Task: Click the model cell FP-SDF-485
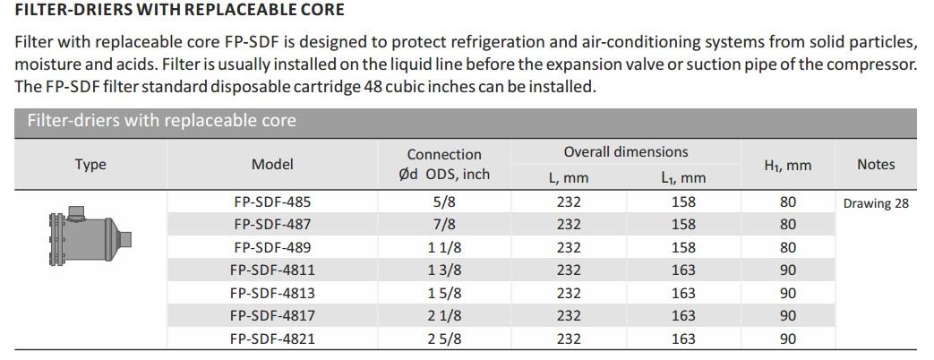point(272,202)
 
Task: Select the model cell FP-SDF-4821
point(272,339)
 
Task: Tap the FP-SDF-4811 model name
point(272,270)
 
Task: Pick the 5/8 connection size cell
point(444,202)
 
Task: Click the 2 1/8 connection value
point(444,315)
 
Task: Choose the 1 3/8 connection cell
point(444,270)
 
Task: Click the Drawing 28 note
point(875,203)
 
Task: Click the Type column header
point(90,165)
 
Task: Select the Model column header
point(272,165)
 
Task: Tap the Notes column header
point(875,165)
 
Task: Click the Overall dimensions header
point(625,152)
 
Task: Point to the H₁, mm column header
point(787,166)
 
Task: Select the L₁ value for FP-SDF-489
point(683,247)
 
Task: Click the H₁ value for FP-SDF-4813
point(787,293)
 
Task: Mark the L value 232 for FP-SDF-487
point(569,225)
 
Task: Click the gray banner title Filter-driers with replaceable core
point(161,121)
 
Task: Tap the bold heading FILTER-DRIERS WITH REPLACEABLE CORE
point(179,11)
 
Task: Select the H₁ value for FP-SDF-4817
point(787,315)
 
